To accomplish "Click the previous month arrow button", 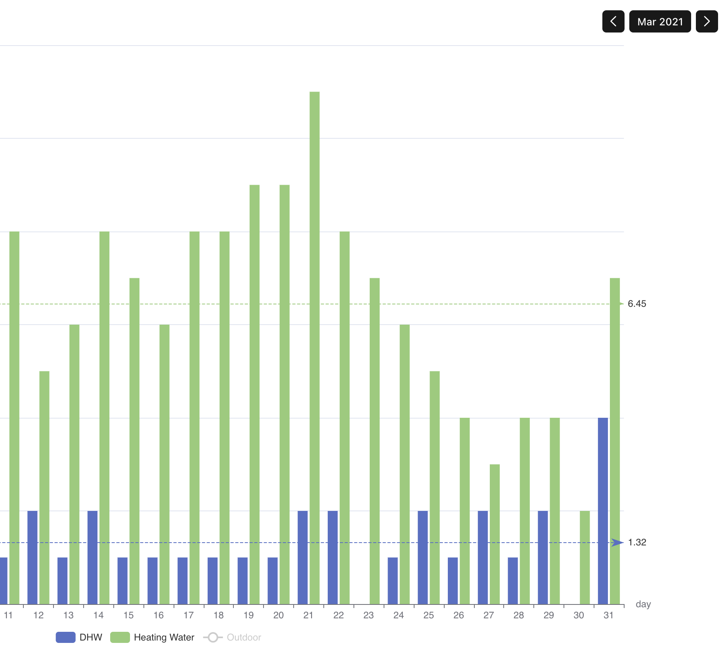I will click(x=613, y=21).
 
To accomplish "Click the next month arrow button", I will click(x=707, y=21).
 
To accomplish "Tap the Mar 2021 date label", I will click(x=660, y=21).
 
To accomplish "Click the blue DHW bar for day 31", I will click(x=603, y=511).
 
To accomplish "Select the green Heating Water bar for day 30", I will click(x=585, y=558).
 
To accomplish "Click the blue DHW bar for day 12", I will click(x=32, y=558).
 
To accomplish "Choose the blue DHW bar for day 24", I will click(x=392, y=581).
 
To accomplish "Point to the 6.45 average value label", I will click(x=637, y=304).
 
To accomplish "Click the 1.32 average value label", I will click(x=637, y=542).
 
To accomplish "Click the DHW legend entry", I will click(x=79, y=637).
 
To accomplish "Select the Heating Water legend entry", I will click(x=153, y=637).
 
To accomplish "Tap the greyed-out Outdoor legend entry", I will click(x=233, y=637).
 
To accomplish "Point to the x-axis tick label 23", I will click(x=369, y=615).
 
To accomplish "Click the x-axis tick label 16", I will click(x=159, y=615).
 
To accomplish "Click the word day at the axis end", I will click(x=643, y=604).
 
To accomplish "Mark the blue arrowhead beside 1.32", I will click(x=617, y=542).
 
